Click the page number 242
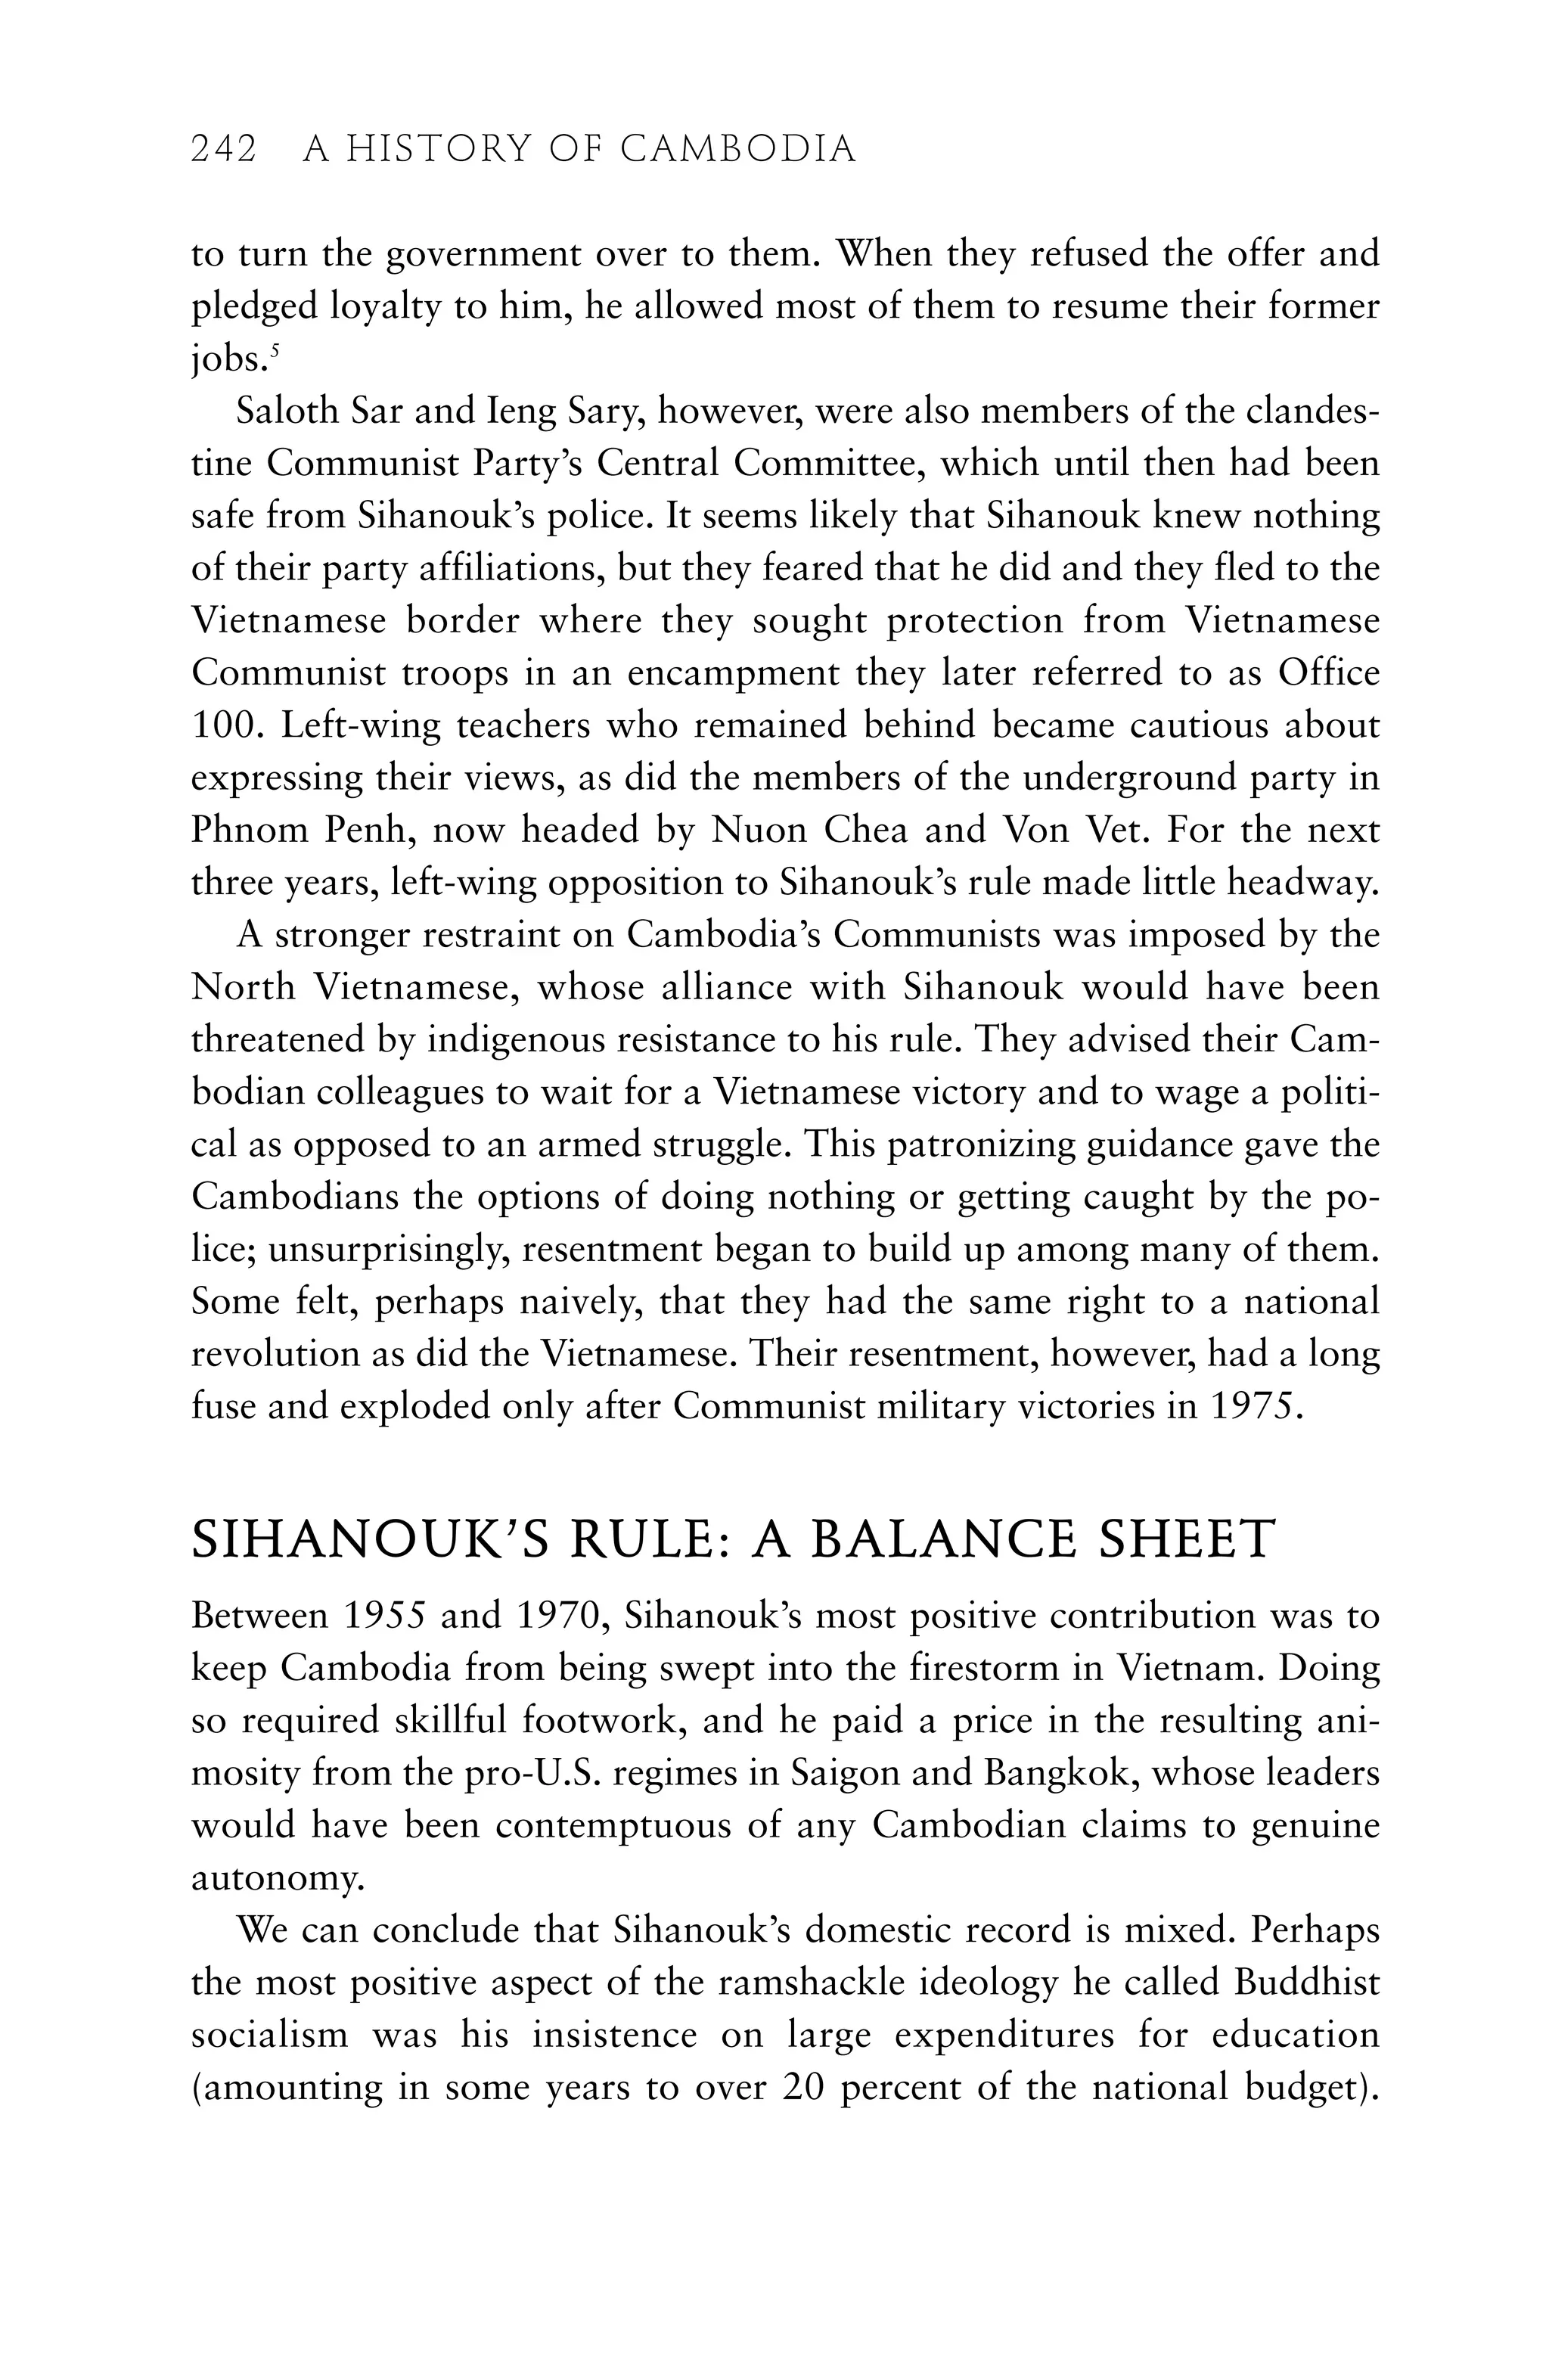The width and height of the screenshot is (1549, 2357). click(x=223, y=150)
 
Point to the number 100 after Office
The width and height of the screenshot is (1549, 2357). click(x=226, y=726)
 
